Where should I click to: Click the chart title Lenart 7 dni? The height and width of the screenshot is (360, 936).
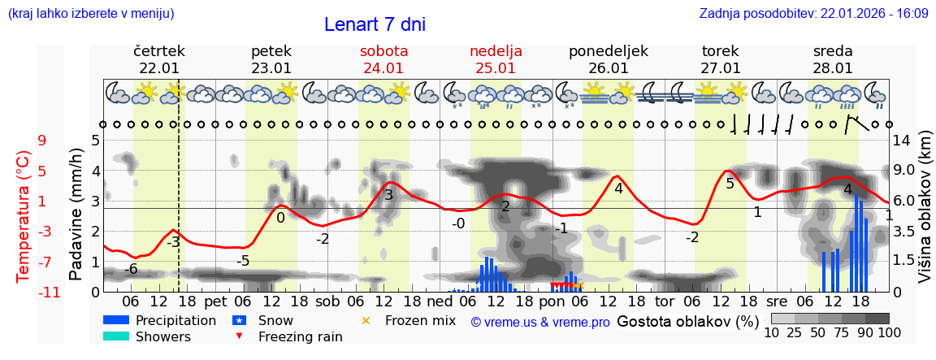pyautogui.click(x=375, y=24)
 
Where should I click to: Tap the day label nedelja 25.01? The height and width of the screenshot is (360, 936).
pyautogui.click(x=496, y=59)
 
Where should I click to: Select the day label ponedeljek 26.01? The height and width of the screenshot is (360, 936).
pyautogui.click(x=608, y=59)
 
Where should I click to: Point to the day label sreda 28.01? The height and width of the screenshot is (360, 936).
pyautogui.click(x=833, y=59)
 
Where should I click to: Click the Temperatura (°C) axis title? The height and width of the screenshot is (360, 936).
pyautogui.click(x=23, y=215)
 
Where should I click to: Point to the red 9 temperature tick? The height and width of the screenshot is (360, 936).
pyautogui.click(x=42, y=141)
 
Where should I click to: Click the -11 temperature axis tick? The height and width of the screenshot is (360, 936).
pyautogui.click(x=49, y=292)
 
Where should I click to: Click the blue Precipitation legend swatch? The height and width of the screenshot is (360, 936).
pyautogui.click(x=116, y=321)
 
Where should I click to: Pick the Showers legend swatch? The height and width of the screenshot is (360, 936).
pyautogui.click(x=116, y=336)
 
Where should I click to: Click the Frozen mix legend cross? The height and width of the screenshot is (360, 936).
pyautogui.click(x=366, y=321)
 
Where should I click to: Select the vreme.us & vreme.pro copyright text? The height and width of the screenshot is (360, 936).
pyautogui.click(x=540, y=323)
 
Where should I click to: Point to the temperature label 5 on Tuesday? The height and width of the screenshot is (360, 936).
pyautogui.click(x=730, y=184)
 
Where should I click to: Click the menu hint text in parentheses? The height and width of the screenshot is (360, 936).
pyautogui.click(x=91, y=13)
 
